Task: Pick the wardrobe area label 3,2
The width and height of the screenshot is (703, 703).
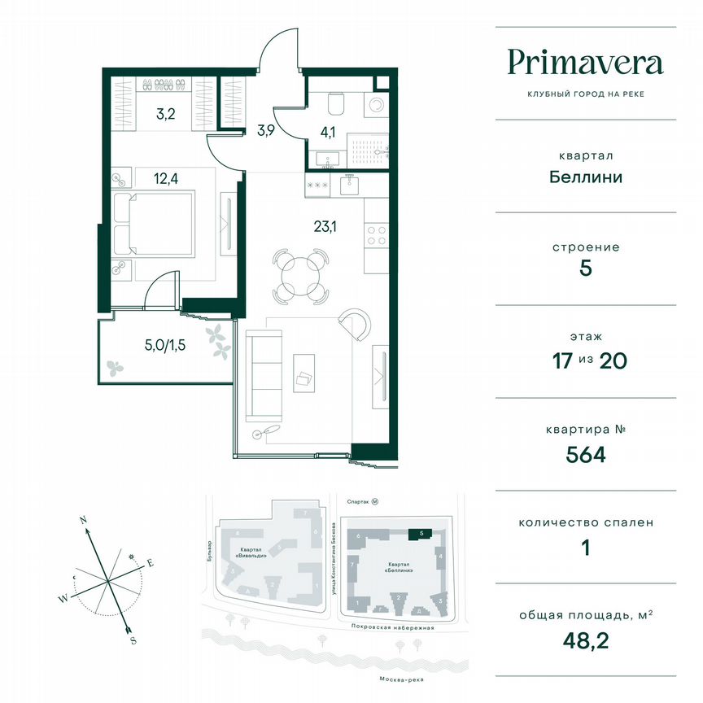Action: pyautogui.click(x=166, y=114)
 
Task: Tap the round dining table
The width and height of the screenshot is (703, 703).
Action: pyautogui.click(x=302, y=274)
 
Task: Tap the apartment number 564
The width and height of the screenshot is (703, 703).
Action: pyautogui.click(x=585, y=454)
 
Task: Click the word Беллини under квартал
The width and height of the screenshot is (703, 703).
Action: pyautogui.click(x=585, y=177)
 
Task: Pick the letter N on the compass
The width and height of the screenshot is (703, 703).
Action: pyautogui.click(x=83, y=519)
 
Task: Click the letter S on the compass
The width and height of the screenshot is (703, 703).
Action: pyautogui.click(x=133, y=640)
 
